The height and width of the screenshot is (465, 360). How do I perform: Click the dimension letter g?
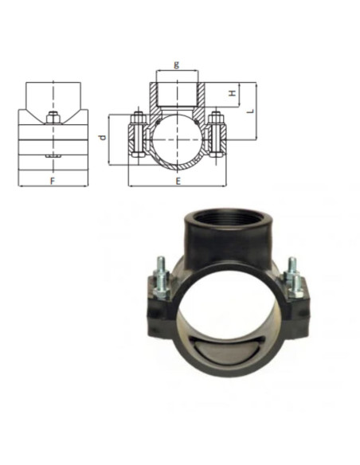coord(177,64)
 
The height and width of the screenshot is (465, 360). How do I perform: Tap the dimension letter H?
coord(233,93)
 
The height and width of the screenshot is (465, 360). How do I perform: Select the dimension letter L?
coord(251,111)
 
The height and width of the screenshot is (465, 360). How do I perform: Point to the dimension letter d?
coord(103,137)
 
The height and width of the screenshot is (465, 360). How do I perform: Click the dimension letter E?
coord(178,181)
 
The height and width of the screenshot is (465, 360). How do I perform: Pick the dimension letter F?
coord(53,181)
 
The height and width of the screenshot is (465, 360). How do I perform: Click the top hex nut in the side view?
coord(53,118)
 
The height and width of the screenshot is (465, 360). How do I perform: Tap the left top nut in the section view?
coord(139,118)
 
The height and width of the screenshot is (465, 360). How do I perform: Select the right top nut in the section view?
coord(216,118)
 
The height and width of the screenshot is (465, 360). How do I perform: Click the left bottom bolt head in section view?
coord(138,154)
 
